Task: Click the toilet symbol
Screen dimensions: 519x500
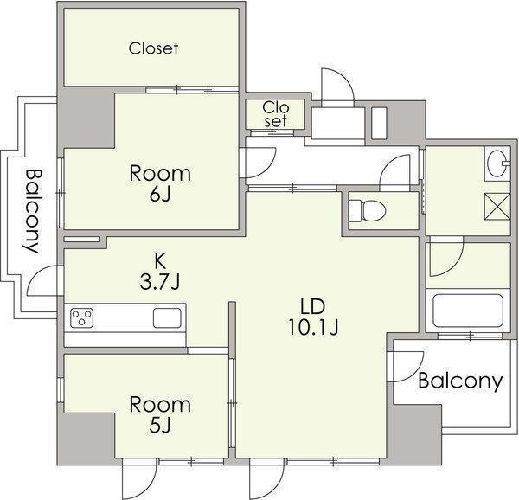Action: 368,211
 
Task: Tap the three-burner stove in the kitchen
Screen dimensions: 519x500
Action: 82,318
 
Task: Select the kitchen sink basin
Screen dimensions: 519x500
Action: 167,318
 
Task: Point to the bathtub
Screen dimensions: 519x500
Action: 468,311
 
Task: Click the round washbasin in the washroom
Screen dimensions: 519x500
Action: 497,163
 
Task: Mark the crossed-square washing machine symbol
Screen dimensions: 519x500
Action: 497,206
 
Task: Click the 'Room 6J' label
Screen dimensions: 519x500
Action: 160,183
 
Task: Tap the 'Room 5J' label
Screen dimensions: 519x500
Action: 160,414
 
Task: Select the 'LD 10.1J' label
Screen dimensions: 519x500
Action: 313,317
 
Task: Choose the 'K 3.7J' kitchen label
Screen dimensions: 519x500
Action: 160,272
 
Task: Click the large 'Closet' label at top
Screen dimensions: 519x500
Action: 153,48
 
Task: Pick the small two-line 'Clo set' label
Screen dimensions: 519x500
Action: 275,114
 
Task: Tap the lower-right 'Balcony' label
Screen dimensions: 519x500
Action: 460,381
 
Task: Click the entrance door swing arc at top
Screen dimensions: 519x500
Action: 347,77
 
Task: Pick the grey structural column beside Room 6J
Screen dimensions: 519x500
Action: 86,118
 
